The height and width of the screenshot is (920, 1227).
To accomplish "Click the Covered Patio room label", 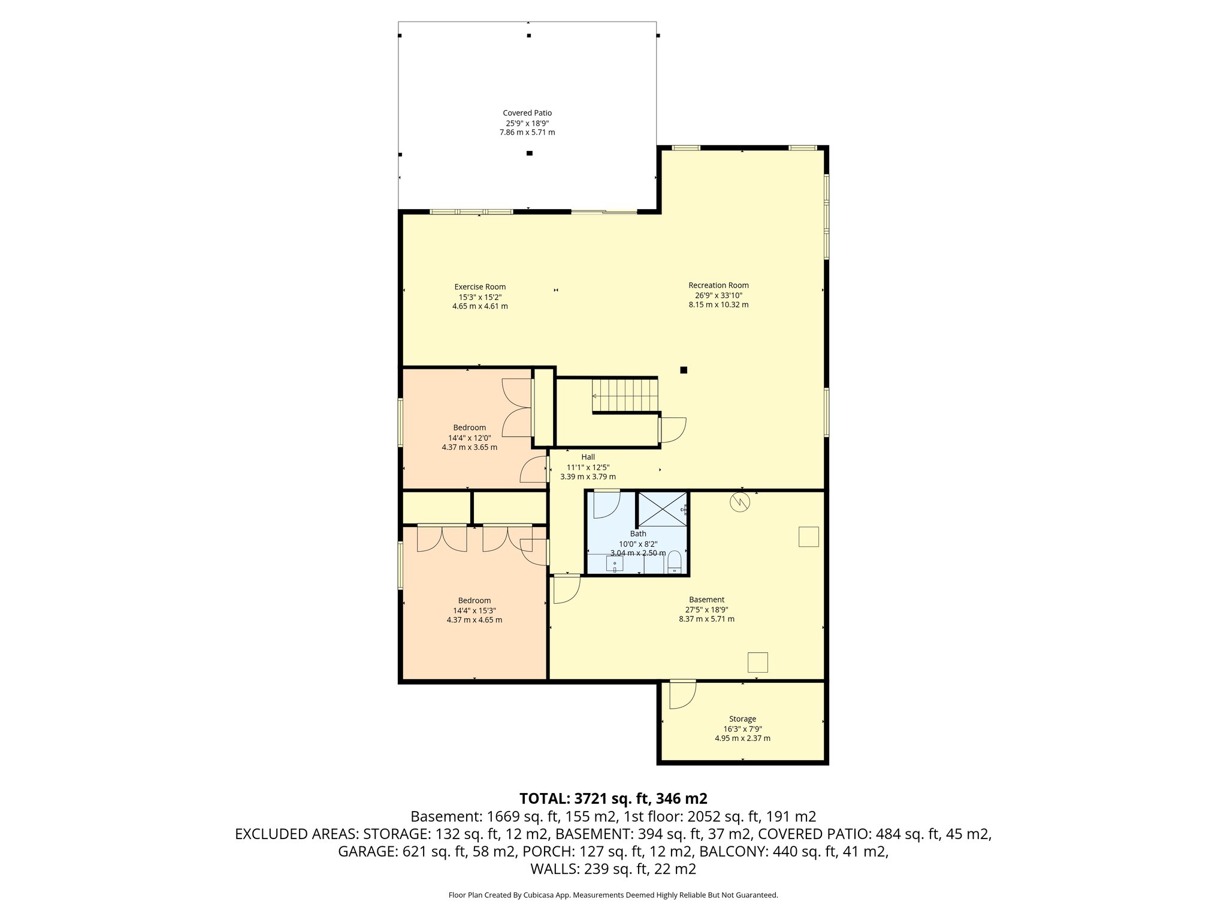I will coord(527,113).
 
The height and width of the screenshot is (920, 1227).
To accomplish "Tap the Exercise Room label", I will coord(480,287).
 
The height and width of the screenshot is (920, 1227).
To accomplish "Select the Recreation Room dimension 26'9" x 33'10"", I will coord(718,295).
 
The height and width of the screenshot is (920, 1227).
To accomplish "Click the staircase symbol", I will coord(625,394).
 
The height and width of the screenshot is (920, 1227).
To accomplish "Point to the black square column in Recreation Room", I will coord(684,370).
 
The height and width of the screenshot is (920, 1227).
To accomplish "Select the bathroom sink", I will coord(615,564).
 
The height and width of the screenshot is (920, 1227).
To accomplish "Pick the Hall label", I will coord(588,457).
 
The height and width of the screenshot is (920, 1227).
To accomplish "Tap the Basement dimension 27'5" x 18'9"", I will coord(706,609).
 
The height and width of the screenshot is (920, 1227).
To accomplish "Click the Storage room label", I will coord(742,719).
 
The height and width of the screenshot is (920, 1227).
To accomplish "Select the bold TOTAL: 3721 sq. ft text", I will coord(613,798).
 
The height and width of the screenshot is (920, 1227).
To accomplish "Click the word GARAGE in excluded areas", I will coord(365,852).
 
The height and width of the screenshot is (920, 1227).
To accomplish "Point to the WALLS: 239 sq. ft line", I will coord(613,869).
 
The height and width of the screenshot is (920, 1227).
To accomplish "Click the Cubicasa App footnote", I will coord(613,895).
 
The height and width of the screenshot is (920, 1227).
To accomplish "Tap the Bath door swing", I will coord(605,504).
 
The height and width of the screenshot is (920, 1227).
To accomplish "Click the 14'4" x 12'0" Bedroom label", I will coord(469,428).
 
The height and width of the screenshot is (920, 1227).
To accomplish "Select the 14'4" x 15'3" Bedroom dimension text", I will coord(474,610).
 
